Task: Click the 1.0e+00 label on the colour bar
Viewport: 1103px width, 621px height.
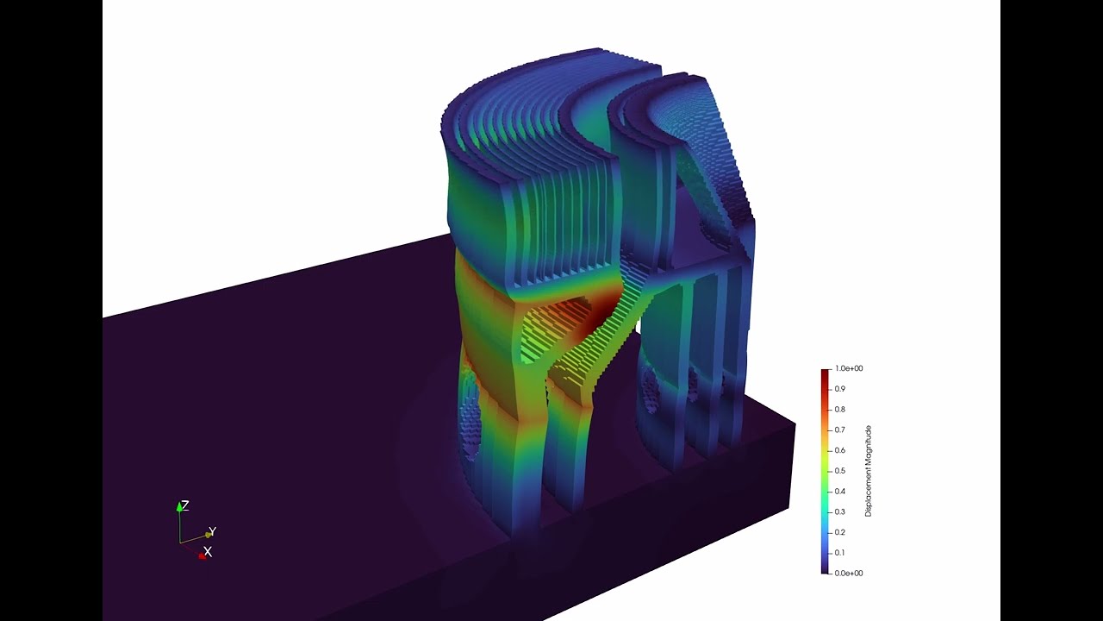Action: pyautogui.click(x=849, y=368)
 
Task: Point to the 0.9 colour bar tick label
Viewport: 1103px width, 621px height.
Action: pyautogui.click(x=839, y=389)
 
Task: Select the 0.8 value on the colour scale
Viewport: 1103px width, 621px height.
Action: pyautogui.click(x=839, y=410)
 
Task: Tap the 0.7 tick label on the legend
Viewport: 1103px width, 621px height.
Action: pyautogui.click(x=839, y=430)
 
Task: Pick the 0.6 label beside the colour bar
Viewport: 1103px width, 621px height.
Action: pyautogui.click(x=839, y=450)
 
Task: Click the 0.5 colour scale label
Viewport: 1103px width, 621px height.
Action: pyautogui.click(x=839, y=471)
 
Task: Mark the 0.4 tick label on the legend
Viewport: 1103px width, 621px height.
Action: pyautogui.click(x=839, y=492)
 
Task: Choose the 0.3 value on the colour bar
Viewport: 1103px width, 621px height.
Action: pyautogui.click(x=839, y=511)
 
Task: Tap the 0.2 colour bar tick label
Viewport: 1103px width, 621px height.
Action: pyautogui.click(x=839, y=532)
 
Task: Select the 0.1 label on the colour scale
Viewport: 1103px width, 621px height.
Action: pyautogui.click(x=839, y=553)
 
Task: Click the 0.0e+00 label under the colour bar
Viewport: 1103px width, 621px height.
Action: pyautogui.click(x=849, y=573)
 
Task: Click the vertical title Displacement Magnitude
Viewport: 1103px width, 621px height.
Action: pyautogui.click(x=869, y=471)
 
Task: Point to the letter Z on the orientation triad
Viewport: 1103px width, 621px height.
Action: pyautogui.click(x=185, y=506)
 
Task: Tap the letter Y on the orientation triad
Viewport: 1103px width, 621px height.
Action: pyautogui.click(x=213, y=531)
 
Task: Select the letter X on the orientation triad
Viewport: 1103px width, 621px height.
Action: pyautogui.click(x=208, y=551)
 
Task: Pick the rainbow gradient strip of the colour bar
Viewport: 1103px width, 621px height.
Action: pyautogui.click(x=826, y=471)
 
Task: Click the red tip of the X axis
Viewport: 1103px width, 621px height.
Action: pyautogui.click(x=202, y=556)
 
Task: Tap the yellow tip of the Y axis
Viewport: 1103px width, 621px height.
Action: pyautogui.click(x=207, y=536)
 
